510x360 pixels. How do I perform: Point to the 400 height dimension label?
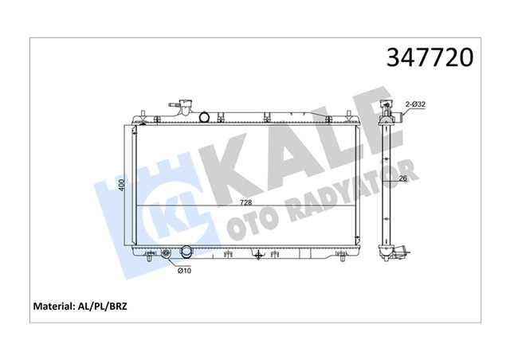click(x=122, y=185)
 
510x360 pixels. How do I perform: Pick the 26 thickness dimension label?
click(x=404, y=179)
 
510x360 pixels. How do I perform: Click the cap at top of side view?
click(x=389, y=105)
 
